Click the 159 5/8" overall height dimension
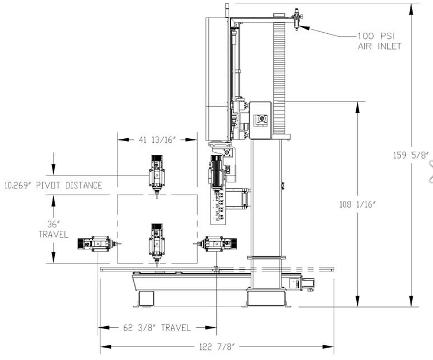(411, 155)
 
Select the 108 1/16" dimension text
(357, 205)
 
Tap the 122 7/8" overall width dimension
(217, 347)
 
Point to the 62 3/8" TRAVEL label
(157, 328)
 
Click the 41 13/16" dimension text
(158, 140)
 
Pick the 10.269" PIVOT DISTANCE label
(53, 185)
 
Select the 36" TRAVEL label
(53, 229)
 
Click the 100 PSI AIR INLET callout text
(379, 41)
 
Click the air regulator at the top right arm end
(297, 19)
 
